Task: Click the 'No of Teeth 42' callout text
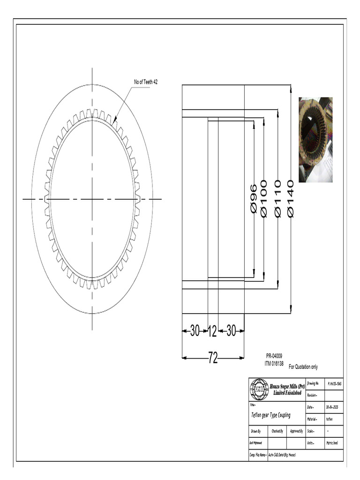pyautogui.click(x=146, y=82)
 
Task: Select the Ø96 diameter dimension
pyautogui.click(x=254, y=199)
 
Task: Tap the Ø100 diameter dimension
pyautogui.click(x=264, y=199)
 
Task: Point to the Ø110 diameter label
pyautogui.click(x=277, y=199)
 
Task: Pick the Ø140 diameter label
pyautogui.click(x=291, y=199)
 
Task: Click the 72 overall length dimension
pyautogui.click(x=213, y=359)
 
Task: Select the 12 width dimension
pyautogui.click(x=212, y=331)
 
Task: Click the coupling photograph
pyautogui.click(x=315, y=139)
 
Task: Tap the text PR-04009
pyautogui.click(x=274, y=356)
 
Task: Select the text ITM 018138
pyautogui.click(x=276, y=363)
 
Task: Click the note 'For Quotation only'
pyautogui.click(x=303, y=367)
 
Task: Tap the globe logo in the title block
pyautogui.click(x=259, y=389)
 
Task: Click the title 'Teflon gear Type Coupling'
pyautogui.click(x=271, y=415)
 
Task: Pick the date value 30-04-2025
pyautogui.click(x=334, y=407)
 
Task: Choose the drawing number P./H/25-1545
pyautogui.click(x=334, y=383)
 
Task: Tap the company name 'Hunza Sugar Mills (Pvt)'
pyautogui.click(x=287, y=385)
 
